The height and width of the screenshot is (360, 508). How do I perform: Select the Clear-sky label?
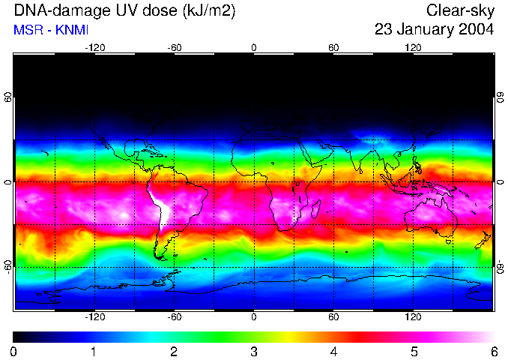pyautogui.click(x=460, y=10)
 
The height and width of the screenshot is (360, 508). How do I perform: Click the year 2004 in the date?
pyautogui.click(x=476, y=30)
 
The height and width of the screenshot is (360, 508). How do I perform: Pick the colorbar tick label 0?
pyautogui.click(x=14, y=351)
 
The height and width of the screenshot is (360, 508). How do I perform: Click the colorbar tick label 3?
pyautogui.click(x=254, y=351)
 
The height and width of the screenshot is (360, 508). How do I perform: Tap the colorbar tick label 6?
pyautogui.click(x=493, y=351)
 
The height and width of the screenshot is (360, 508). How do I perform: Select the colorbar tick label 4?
pyautogui.click(x=333, y=351)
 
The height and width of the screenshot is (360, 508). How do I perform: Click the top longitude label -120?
pyautogui.click(x=94, y=47)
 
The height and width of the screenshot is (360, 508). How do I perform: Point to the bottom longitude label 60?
pyautogui.click(x=333, y=317)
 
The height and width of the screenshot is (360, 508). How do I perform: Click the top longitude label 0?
pyautogui.click(x=254, y=47)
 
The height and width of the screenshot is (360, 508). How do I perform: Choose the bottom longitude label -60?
pyautogui.click(x=174, y=317)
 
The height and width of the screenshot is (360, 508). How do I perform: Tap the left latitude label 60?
pyautogui.click(x=7, y=98)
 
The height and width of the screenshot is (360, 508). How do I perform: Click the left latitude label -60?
pyautogui.click(x=7, y=267)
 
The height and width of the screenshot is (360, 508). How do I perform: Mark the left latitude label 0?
pyautogui.click(x=7, y=182)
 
